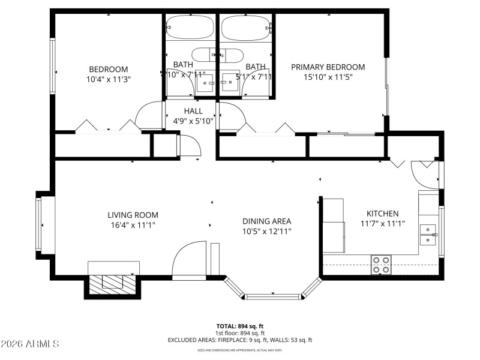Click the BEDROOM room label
coord(109,69)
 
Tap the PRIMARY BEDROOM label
coord(328,67)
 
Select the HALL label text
coord(193,111)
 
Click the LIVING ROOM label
coord(133,215)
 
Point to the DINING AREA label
coord(267,221)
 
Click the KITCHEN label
coord(382,214)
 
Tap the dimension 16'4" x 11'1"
coord(133,225)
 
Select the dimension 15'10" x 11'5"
coord(328,77)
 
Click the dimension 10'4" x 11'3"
coord(109,79)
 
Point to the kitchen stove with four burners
coord(380,265)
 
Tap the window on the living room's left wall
coord(39,225)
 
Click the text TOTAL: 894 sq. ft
coord(240,326)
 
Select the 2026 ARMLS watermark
coord(30,344)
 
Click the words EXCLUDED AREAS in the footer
coord(191,340)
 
